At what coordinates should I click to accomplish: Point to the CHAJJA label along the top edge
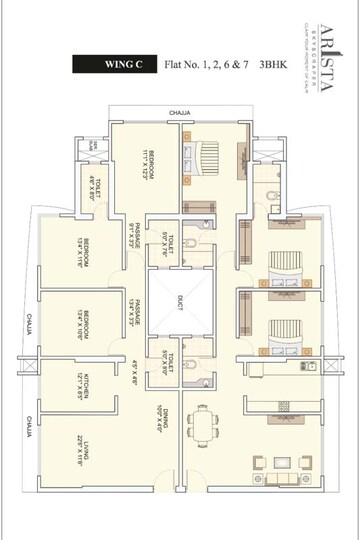pyautogui.click(x=179, y=113)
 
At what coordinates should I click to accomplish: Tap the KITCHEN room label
pyautogui.click(x=88, y=387)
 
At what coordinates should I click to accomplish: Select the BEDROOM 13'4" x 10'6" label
pyautogui.click(x=88, y=326)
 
